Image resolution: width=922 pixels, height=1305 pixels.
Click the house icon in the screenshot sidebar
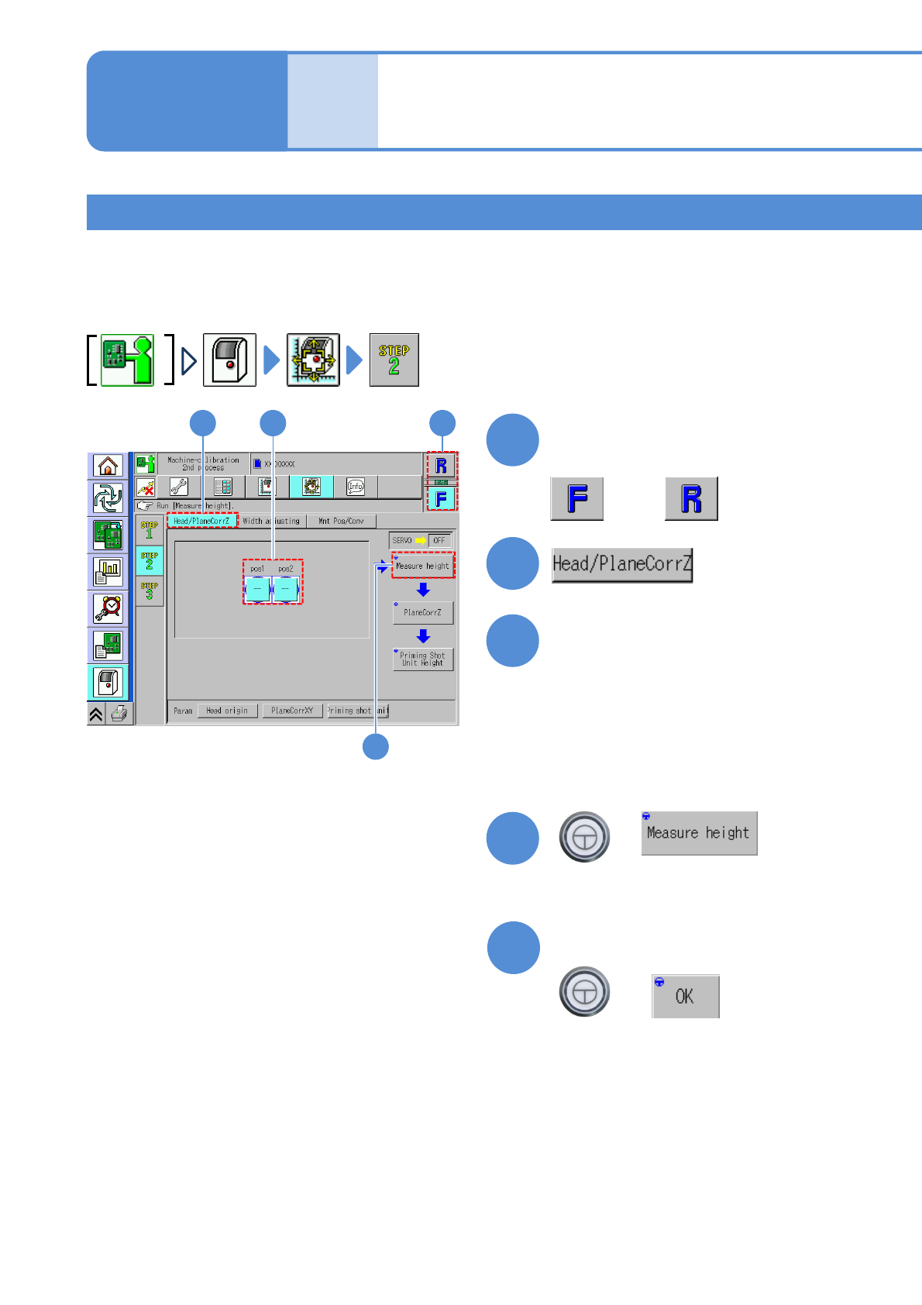108,466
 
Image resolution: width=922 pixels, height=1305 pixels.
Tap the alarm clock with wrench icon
108,608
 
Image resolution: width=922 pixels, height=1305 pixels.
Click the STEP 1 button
150,530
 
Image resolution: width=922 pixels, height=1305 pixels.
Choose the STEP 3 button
150,591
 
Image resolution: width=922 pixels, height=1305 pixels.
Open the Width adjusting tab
271,522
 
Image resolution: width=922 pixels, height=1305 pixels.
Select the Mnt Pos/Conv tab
341,522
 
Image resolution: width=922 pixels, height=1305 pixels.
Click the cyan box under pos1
257,589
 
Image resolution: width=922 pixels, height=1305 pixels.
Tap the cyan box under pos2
285,589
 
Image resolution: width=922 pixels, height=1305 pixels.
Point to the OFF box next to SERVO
439,540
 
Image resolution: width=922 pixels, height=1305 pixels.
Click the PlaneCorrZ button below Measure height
422,612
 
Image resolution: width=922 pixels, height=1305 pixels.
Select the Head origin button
227,711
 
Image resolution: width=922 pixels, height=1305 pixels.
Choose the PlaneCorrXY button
292,711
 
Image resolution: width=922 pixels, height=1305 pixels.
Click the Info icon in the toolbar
356,487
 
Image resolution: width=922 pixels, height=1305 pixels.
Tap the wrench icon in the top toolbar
179,487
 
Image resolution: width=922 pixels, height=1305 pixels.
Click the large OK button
685,997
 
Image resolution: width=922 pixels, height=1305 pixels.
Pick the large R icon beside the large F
691,498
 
